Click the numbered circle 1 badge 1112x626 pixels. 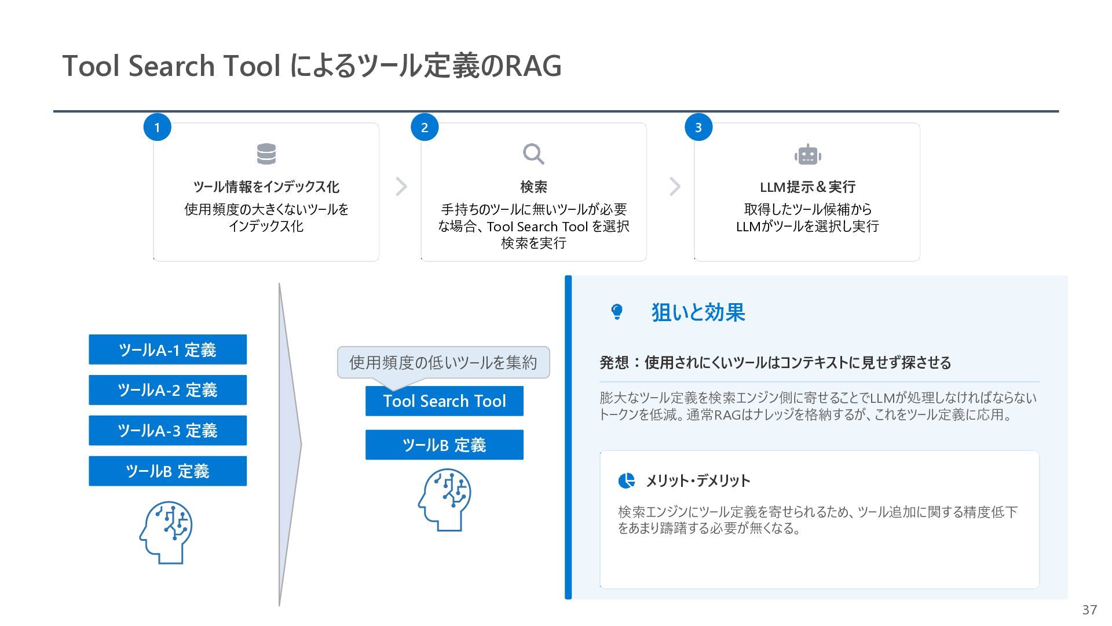point(157,128)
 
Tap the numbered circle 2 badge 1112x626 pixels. point(425,128)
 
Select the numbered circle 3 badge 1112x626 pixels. point(698,128)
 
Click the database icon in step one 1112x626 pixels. point(266,154)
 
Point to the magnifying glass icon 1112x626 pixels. point(533,154)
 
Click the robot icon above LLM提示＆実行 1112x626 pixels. point(807,155)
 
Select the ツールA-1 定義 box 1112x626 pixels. point(167,350)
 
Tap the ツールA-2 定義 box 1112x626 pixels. point(167,390)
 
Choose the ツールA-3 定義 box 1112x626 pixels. point(167,431)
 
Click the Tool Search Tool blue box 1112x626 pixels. point(444,401)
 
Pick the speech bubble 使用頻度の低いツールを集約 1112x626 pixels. point(443,363)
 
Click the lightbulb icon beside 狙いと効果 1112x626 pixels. point(617,312)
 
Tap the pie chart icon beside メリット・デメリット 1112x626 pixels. point(626,481)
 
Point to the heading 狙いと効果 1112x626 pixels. point(698,312)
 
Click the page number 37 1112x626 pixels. point(1089,610)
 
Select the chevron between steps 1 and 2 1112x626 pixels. point(401,187)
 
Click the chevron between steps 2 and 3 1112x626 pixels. point(675,187)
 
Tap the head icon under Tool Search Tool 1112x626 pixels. point(445,500)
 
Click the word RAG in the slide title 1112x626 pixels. point(533,65)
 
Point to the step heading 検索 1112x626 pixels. point(533,187)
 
